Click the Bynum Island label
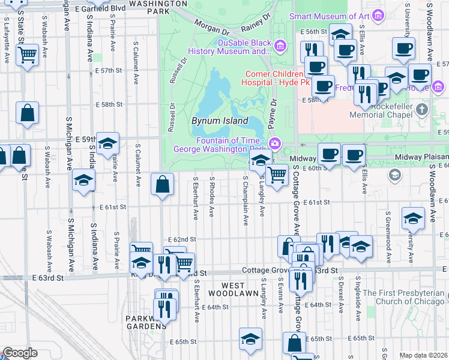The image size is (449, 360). (x=220, y=121)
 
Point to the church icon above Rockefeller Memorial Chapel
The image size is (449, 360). (x=422, y=110)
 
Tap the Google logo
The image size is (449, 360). (x=20, y=353)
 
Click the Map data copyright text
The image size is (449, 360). (x=423, y=355)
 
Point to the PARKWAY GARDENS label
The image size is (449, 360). (x=142, y=322)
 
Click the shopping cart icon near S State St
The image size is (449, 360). (x=28, y=56)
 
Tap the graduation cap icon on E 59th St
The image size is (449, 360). (x=107, y=143)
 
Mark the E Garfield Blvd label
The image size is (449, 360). (x=104, y=8)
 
